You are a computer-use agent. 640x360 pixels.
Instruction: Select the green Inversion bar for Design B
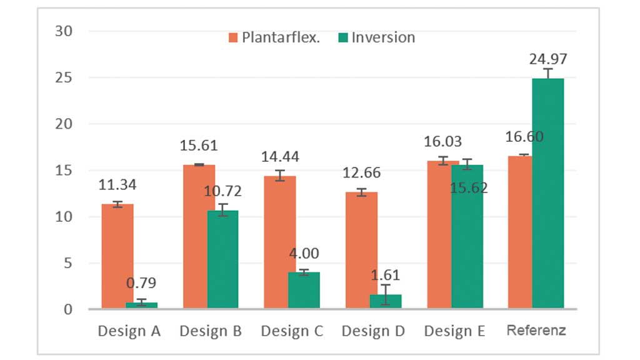[x=223, y=259]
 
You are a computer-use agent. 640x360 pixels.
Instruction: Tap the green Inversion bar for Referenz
[x=548, y=194]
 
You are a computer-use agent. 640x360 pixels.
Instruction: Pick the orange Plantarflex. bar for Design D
[x=362, y=250]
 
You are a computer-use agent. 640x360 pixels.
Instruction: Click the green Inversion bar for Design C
[x=304, y=290]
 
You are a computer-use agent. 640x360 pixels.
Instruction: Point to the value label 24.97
[x=548, y=59]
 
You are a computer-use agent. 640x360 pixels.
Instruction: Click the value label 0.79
[x=142, y=283]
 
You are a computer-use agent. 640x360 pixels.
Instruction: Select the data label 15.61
[x=199, y=146]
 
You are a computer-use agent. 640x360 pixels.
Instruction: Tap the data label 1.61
[x=386, y=275]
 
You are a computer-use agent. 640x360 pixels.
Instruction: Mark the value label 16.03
[x=443, y=142]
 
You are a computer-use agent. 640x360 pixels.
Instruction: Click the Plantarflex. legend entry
[x=274, y=37]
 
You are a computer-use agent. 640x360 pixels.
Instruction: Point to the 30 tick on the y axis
[x=64, y=31]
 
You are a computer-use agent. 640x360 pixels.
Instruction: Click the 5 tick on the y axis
[x=69, y=263]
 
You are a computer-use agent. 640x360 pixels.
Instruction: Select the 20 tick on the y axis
[x=64, y=124]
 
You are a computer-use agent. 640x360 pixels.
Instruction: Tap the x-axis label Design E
[x=454, y=331]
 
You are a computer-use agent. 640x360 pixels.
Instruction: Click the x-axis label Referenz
[x=536, y=331]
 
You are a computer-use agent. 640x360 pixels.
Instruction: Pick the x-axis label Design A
[x=129, y=331]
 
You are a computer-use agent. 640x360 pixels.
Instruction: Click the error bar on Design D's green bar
[x=386, y=294]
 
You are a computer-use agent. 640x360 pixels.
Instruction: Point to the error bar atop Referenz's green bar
[x=548, y=73]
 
